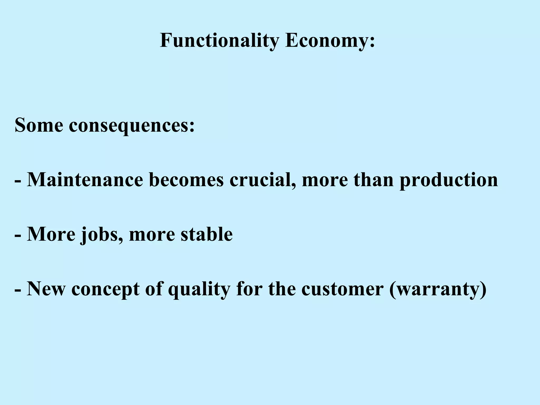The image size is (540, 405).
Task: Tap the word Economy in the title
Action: click(x=330, y=41)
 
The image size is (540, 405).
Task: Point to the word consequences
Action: click(x=132, y=125)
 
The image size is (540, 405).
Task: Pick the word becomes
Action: click(x=186, y=180)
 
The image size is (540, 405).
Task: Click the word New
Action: click(x=46, y=289)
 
